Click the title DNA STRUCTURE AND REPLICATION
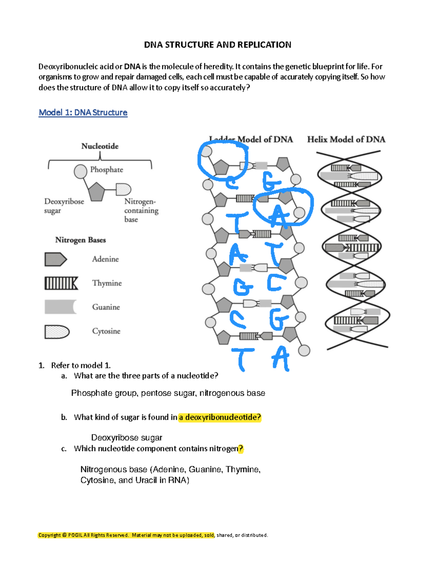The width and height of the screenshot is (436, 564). click(x=217, y=45)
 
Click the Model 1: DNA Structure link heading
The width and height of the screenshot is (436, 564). click(x=83, y=113)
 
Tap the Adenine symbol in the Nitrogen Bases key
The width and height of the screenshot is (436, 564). click(x=55, y=259)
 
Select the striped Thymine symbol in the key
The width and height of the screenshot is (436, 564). click(x=61, y=283)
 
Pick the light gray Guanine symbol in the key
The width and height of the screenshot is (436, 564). click(x=60, y=307)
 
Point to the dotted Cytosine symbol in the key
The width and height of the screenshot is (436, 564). click(x=57, y=332)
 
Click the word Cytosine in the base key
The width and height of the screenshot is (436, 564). click(x=106, y=331)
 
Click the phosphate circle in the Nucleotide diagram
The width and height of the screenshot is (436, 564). click(x=80, y=171)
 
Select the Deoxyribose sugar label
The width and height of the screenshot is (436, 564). click(x=64, y=206)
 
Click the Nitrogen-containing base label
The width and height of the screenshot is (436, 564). click(x=141, y=210)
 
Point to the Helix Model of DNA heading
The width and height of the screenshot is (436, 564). click(x=346, y=139)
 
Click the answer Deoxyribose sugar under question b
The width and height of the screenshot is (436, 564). click(x=126, y=438)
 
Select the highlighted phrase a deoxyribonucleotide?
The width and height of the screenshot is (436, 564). click(x=220, y=417)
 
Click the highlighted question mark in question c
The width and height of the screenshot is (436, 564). click(x=241, y=449)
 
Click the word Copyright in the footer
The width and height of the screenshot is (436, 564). click(x=50, y=535)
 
